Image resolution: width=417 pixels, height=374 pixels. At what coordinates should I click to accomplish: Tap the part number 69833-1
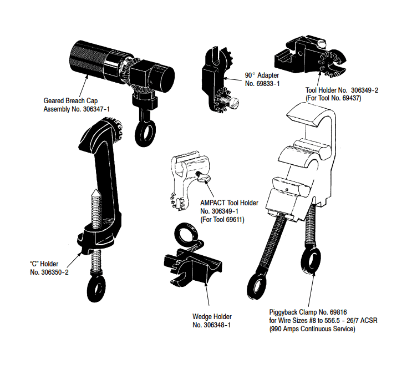pyautogui.click(x=266, y=83)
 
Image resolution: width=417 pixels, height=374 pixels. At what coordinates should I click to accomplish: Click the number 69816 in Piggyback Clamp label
pyautogui.click(x=344, y=312)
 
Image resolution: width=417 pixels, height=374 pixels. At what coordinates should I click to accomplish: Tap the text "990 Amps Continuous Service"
pyautogui.click(x=312, y=330)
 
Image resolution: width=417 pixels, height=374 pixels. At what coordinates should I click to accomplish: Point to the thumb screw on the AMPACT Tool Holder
pyautogui.click(x=204, y=178)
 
